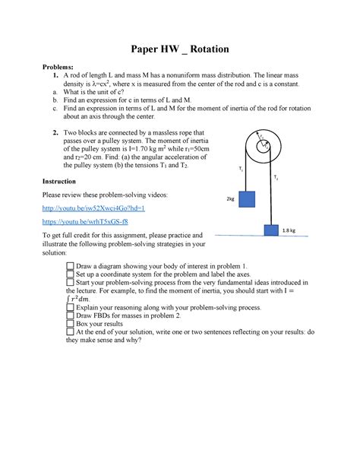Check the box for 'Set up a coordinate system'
pos(70,275)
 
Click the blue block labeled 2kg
pos(247,200)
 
